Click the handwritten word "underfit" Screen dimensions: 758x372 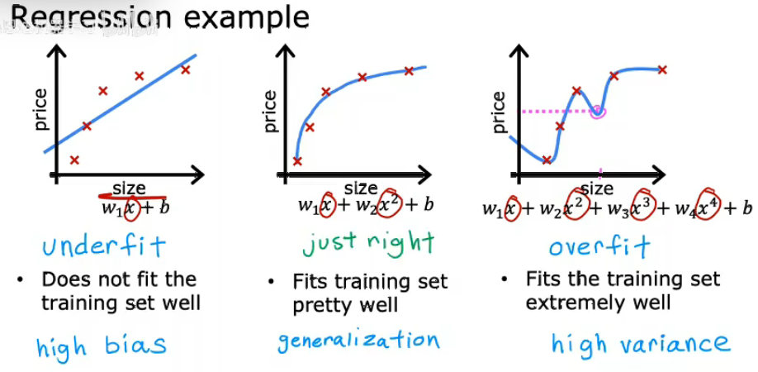[x=104, y=246]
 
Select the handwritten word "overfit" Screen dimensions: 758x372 [x=599, y=246]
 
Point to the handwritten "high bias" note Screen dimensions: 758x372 [x=102, y=344]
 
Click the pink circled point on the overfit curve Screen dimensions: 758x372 [x=599, y=112]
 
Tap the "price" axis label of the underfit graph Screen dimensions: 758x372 [x=41, y=110]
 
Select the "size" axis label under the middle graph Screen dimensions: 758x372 [x=361, y=188]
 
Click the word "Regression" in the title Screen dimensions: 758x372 [x=90, y=18]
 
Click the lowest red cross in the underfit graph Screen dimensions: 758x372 [x=74, y=160]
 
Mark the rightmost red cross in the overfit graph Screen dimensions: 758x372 [x=662, y=69]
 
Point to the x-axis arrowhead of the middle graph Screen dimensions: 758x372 [x=422, y=175]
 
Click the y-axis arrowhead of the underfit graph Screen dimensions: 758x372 [x=57, y=52]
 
